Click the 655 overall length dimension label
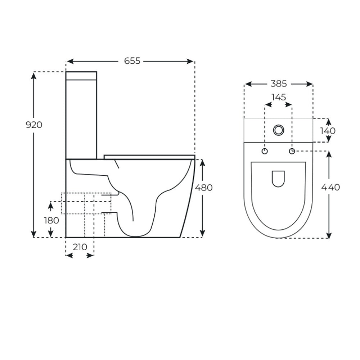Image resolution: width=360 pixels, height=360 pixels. (132, 61)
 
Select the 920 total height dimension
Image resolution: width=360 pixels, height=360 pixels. (34, 125)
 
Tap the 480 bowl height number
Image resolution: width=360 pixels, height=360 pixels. (204, 188)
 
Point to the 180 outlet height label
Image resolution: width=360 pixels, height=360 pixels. (51, 220)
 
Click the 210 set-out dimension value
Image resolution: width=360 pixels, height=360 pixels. (80, 247)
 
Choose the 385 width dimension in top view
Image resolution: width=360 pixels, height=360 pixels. (279, 84)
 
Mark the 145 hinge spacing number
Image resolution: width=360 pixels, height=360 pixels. (279, 97)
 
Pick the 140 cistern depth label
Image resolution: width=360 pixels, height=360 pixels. (328, 131)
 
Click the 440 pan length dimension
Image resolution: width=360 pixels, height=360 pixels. (330, 187)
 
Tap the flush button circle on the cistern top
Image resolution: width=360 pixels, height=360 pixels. (279, 130)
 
